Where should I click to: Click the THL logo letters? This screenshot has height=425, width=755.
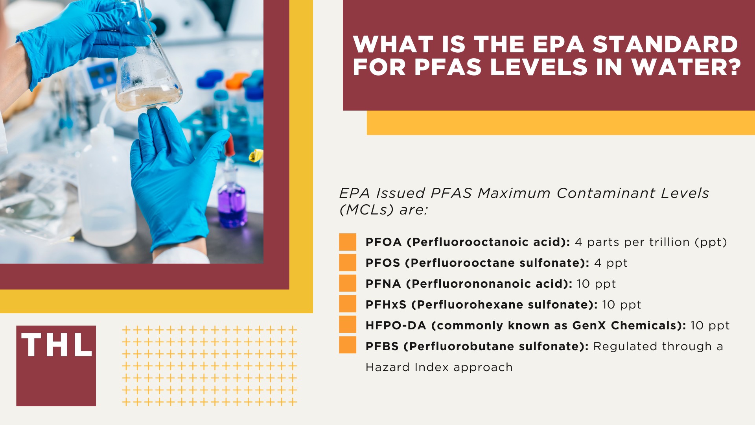[x=56, y=345]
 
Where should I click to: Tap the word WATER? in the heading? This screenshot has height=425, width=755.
[x=687, y=67]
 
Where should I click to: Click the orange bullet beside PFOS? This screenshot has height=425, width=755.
[x=348, y=262]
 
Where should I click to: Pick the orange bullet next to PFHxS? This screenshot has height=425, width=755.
[x=348, y=304]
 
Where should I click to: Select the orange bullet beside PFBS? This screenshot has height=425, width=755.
[x=348, y=345]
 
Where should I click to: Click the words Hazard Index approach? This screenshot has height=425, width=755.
[x=439, y=367]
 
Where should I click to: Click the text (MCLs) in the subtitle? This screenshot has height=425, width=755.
[x=366, y=210]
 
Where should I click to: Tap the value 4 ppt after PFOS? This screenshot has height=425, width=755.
[x=611, y=263]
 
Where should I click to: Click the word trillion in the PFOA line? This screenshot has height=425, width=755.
[x=669, y=242]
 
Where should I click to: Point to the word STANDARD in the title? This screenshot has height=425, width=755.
[x=665, y=44]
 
